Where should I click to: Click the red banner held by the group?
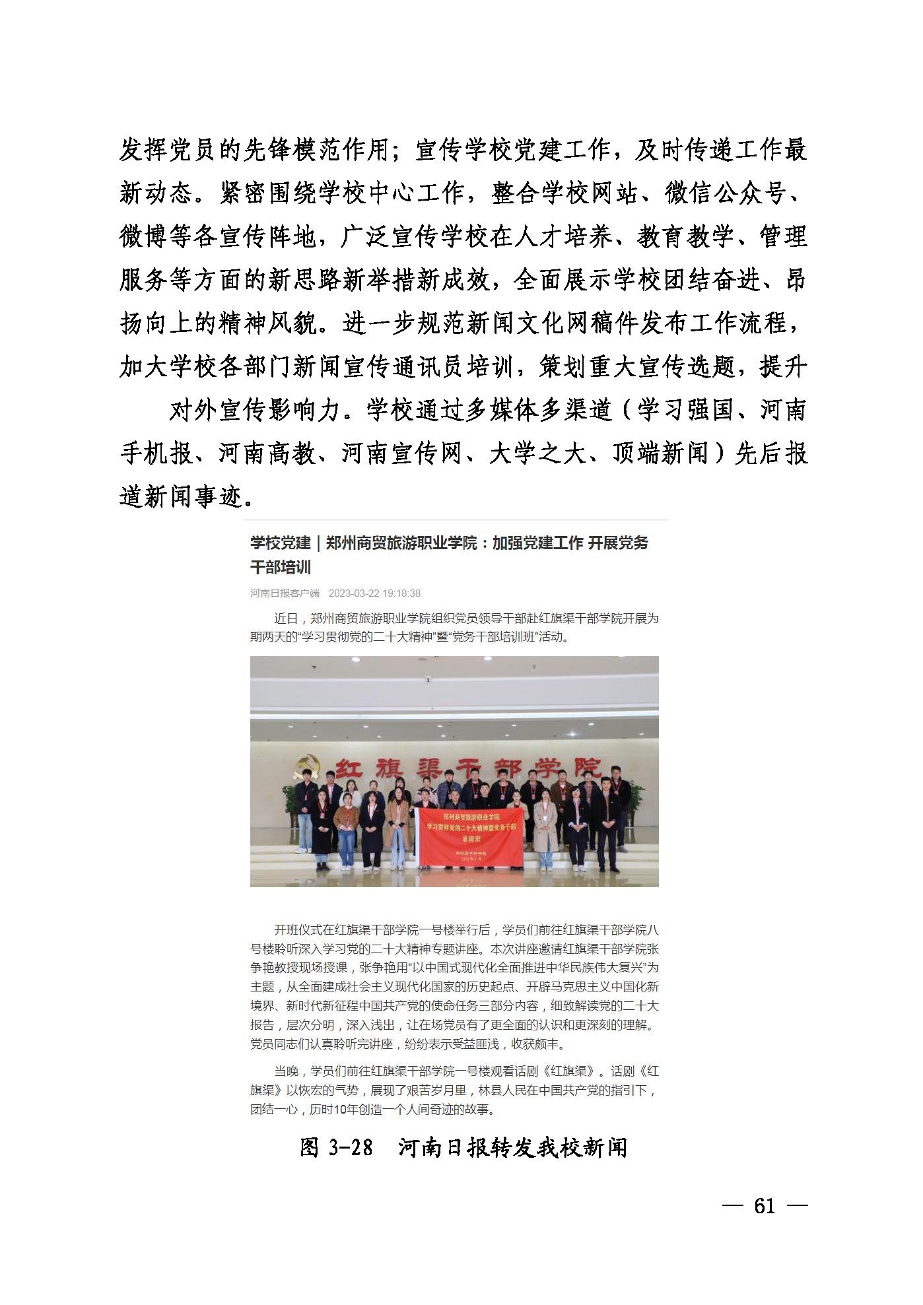(469, 834)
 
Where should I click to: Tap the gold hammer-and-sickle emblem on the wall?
(308, 767)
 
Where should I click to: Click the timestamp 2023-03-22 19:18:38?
(374, 593)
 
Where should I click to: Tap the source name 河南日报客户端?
(285, 593)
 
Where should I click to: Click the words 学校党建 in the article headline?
(280, 543)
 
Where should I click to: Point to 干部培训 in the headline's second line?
(281, 566)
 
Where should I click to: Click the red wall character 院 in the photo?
(588, 767)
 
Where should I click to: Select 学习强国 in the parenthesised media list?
(686, 411)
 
